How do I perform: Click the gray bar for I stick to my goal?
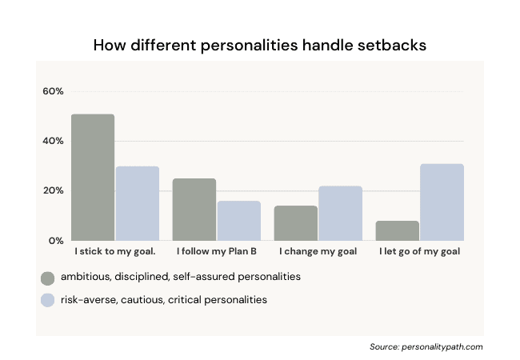click(x=93, y=177)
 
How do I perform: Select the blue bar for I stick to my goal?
click(x=138, y=203)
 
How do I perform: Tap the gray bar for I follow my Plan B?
click(x=194, y=209)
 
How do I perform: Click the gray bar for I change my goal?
click(x=296, y=223)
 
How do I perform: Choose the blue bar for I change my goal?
click(x=341, y=213)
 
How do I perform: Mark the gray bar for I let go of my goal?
click(x=398, y=230)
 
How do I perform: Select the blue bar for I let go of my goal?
click(x=442, y=202)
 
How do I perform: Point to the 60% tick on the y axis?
click(x=53, y=91)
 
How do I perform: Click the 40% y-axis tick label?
click(x=53, y=141)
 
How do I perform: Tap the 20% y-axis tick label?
click(x=53, y=190)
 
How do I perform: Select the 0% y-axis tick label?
click(x=56, y=241)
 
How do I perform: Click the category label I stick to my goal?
click(x=115, y=252)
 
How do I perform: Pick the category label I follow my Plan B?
click(x=216, y=252)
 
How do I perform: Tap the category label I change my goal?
click(x=318, y=252)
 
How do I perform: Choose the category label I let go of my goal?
click(x=419, y=252)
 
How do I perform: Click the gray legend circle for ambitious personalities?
click(x=48, y=278)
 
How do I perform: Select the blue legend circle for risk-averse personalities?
click(x=48, y=300)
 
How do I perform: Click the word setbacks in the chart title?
click(x=390, y=45)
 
